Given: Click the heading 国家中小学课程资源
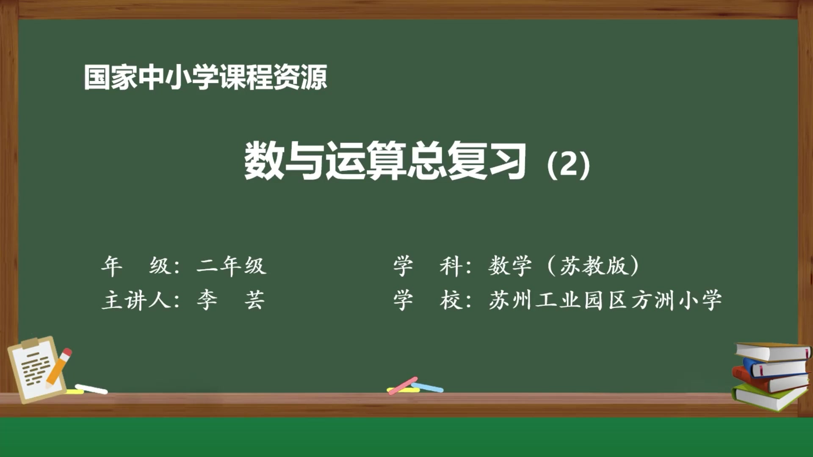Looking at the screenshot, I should coord(205,77).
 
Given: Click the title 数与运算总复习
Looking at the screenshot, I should coord(385,161).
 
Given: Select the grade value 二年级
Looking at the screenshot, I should coord(231,266).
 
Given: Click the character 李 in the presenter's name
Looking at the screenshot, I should coord(207,300).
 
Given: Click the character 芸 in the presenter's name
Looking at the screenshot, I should coord(254,300).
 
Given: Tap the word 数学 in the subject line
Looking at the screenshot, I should coord(510,266).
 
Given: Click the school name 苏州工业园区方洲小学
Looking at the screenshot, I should coord(605,300).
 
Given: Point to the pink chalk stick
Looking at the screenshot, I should coord(403,385).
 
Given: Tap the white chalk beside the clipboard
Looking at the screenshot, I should coord(91,388).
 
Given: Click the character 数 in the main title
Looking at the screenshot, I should coord(263,161).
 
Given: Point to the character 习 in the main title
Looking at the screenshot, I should coord(507,161).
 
